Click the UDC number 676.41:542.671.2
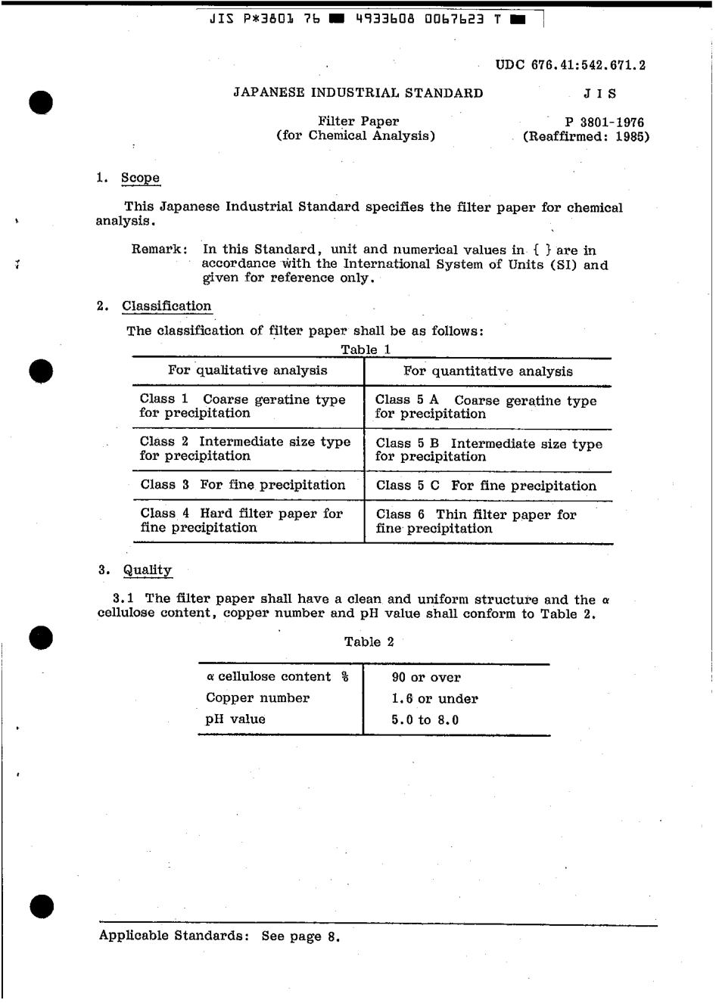point(571,65)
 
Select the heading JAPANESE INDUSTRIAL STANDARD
point(358,93)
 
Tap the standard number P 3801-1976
point(605,122)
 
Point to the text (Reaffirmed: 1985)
point(586,137)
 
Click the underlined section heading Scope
point(141,179)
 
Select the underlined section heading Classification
point(167,306)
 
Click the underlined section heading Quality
point(148,570)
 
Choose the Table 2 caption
point(369,642)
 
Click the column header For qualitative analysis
point(247,371)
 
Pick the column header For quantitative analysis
point(488,371)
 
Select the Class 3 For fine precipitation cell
point(243,485)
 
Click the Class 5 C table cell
point(486,486)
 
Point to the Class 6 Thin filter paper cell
point(476,522)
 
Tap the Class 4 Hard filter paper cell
point(241,520)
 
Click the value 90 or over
point(426,678)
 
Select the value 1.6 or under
point(434,699)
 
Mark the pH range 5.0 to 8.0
point(425,720)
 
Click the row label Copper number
point(257,698)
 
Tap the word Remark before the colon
point(157,250)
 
